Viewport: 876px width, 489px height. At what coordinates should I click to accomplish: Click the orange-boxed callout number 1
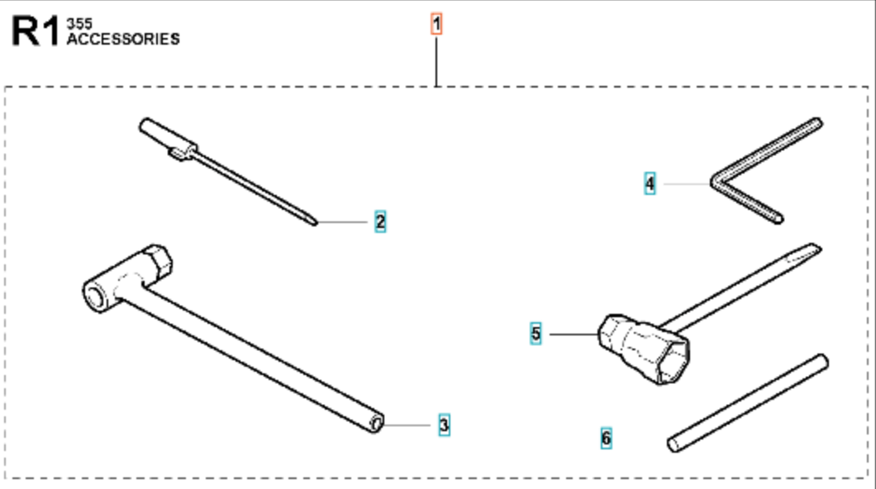pyautogui.click(x=436, y=24)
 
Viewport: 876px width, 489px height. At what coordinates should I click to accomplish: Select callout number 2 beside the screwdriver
pyautogui.click(x=380, y=221)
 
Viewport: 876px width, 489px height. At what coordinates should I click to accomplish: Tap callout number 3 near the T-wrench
pyautogui.click(x=444, y=425)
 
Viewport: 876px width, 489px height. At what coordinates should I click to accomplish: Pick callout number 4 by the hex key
pyautogui.click(x=650, y=183)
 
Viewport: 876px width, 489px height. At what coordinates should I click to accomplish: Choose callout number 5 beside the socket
pyautogui.click(x=536, y=334)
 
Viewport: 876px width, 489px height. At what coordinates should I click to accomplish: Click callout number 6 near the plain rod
pyautogui.click(x=606, y=438)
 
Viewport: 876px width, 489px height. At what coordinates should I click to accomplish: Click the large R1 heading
pyautogui.click(x=36, y=31)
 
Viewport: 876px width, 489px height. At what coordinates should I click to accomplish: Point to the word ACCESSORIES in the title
pyautogui.click(x=123, y=39)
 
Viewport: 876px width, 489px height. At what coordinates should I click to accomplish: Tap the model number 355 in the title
pyautogui.click(x=79, y=24)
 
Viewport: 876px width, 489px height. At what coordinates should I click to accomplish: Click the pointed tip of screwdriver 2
pyautogui.click(x=316, y=223)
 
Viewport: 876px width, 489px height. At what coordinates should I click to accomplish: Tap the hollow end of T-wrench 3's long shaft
pyautogui.click(x=377, y=423)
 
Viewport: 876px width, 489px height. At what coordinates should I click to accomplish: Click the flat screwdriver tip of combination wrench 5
pyautogui.click(x=804, y=252)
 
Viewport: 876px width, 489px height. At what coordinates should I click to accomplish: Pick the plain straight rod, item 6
pyautogui.click(x=748, y=403)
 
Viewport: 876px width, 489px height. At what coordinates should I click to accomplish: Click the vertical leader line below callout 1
pyautogui.click(x=436, y=61)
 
